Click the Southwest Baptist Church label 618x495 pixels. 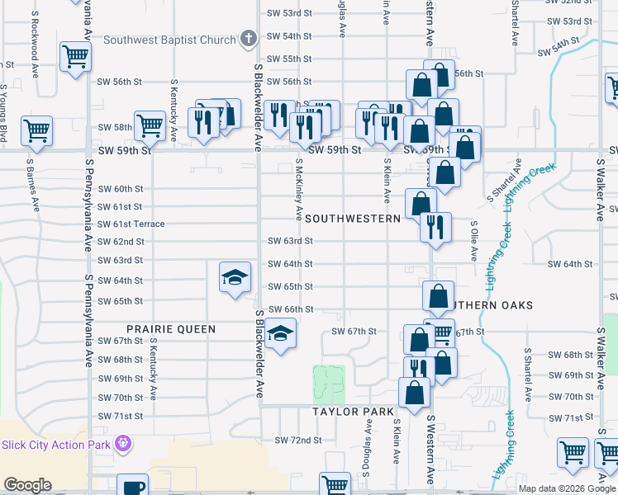coord(170,39)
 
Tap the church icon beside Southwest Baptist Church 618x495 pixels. coord(247,39)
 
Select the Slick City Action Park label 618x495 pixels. coord(57,445)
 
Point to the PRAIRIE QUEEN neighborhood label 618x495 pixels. coord(172,329)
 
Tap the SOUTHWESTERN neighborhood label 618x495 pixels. coord(353,219)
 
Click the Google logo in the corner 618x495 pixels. coord(27,484)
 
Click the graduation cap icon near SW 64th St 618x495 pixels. coord(235,277)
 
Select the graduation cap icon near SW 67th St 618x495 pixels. coord(281,335)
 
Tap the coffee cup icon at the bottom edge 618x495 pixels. coord(132,486)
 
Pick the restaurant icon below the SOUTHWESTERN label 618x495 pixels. coord(435,225)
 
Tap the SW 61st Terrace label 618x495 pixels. coord(131,224)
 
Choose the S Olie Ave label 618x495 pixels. coord(474,240)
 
